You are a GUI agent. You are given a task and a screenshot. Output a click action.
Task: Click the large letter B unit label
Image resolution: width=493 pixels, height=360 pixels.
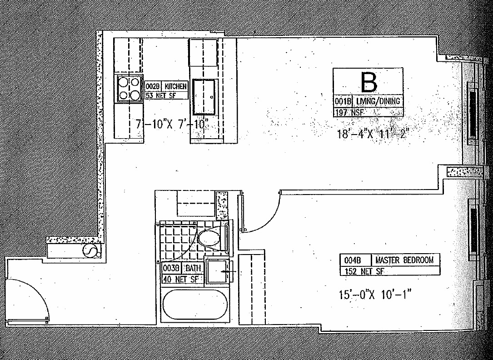click(x=369, y=82)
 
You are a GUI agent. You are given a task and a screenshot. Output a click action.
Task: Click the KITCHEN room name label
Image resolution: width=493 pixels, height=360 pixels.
click(x=175, y=86)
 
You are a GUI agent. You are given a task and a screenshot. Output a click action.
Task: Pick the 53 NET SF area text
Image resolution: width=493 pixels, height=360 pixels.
click(x=160, y=95)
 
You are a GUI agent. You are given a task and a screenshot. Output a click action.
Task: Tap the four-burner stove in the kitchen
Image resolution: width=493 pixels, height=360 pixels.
click(x=129, y=88)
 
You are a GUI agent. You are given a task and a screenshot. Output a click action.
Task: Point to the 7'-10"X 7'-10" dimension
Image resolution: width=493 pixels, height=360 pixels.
click(x=172, y=123)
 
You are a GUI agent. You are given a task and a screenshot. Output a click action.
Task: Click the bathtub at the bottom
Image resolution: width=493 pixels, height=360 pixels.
click(x=195, y=305)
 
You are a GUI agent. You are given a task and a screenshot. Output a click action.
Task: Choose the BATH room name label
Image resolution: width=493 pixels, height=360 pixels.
click(x=193, y=268)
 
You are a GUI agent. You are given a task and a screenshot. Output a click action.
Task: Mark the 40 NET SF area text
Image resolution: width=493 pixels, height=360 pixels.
click(x=180, y=279)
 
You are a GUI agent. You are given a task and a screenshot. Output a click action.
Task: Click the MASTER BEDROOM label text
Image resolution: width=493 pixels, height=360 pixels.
click(x=406, y=260)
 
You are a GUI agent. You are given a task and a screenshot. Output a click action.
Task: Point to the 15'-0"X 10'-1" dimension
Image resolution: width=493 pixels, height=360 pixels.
click(x=372, y=295)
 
